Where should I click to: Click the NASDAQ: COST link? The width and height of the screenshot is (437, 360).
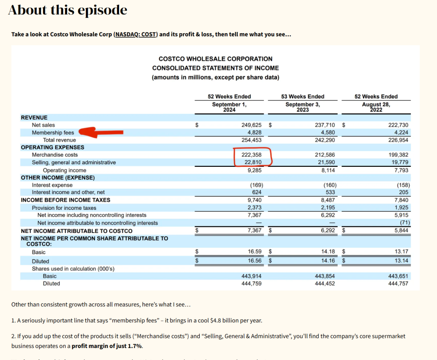(136, 34)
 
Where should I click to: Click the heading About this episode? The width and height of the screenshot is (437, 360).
(67, 10)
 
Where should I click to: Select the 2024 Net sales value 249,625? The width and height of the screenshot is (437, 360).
(252, 125)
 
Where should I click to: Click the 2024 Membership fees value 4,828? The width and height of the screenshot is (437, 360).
(255, 133)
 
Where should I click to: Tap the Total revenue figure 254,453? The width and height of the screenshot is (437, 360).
(252, 140)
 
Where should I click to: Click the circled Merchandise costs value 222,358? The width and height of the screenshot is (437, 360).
(252, 155)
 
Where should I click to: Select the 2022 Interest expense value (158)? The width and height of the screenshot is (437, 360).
(401, 185)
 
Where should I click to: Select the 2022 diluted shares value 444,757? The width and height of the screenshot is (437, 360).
(398, 283)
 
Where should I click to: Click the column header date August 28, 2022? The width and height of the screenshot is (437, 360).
(376, 107)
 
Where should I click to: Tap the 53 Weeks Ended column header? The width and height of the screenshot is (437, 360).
(303, 96)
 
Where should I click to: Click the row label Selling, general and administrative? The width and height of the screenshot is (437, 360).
(74, 163)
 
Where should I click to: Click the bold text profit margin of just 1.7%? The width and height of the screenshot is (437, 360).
(107, 345)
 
